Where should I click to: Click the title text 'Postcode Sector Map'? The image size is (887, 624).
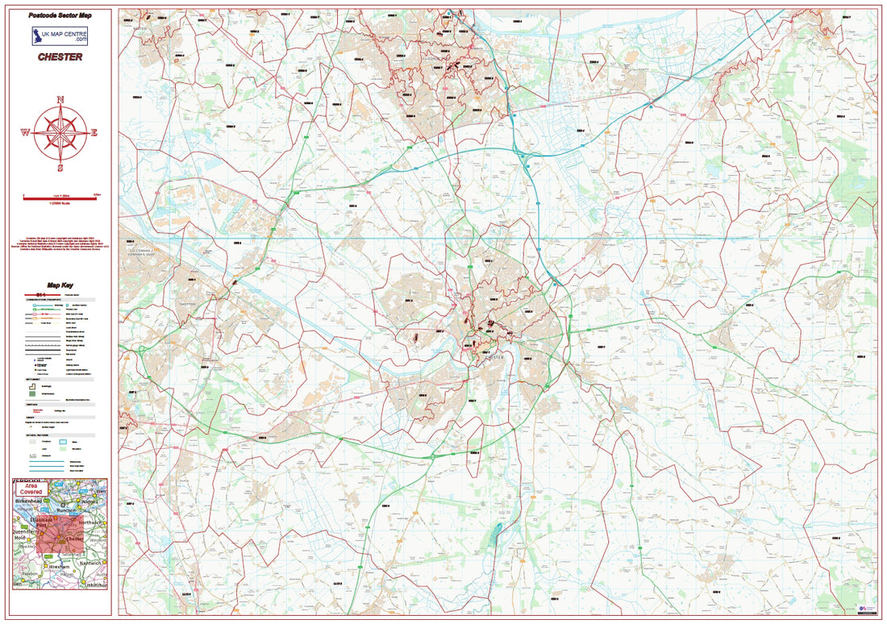[x=60, y=15]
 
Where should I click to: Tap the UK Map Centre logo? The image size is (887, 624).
[x=60, y=36]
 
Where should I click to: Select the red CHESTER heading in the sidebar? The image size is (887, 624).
[x=60, y=57]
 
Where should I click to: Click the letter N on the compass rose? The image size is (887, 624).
[x=60, y=100]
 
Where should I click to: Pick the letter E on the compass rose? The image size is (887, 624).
[x=94, y=134]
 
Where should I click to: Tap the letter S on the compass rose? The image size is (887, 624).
[x=60, y=168]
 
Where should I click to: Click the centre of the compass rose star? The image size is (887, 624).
[x=60, y=134]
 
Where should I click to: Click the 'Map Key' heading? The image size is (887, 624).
[x=60, y=285]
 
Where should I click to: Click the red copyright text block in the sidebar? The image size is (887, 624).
[x=60, y=245]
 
